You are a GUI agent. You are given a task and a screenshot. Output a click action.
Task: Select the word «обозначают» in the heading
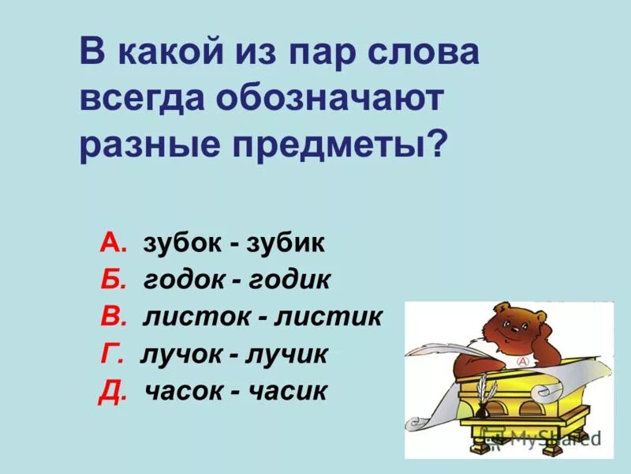pyautogui.click(x=331, y=102)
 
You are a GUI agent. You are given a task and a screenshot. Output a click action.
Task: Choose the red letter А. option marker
pyautogui.click(x=114, y=243)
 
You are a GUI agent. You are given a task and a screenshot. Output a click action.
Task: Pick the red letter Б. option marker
pyautogui.click(x=114, y=280)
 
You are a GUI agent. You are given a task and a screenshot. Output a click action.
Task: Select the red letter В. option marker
pyautogui.click(x=114, y=317)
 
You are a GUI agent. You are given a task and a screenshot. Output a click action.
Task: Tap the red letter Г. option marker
pyautogui.click(x=112, y=354)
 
